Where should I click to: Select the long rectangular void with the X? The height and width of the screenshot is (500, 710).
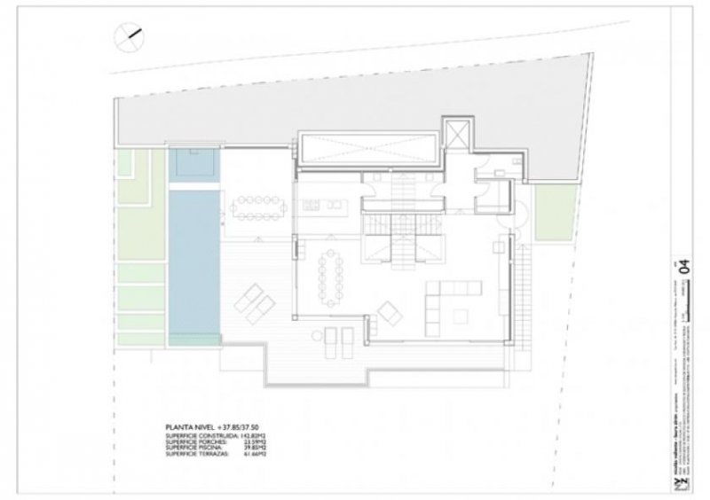pyautogui.click(x=367, y=145)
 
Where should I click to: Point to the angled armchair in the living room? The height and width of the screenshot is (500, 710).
pyautogui.click(x=389, y=313)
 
